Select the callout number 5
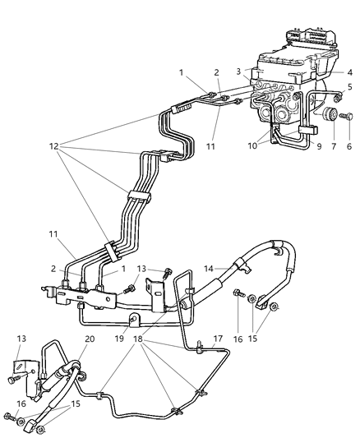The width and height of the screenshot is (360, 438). [348, 87]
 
